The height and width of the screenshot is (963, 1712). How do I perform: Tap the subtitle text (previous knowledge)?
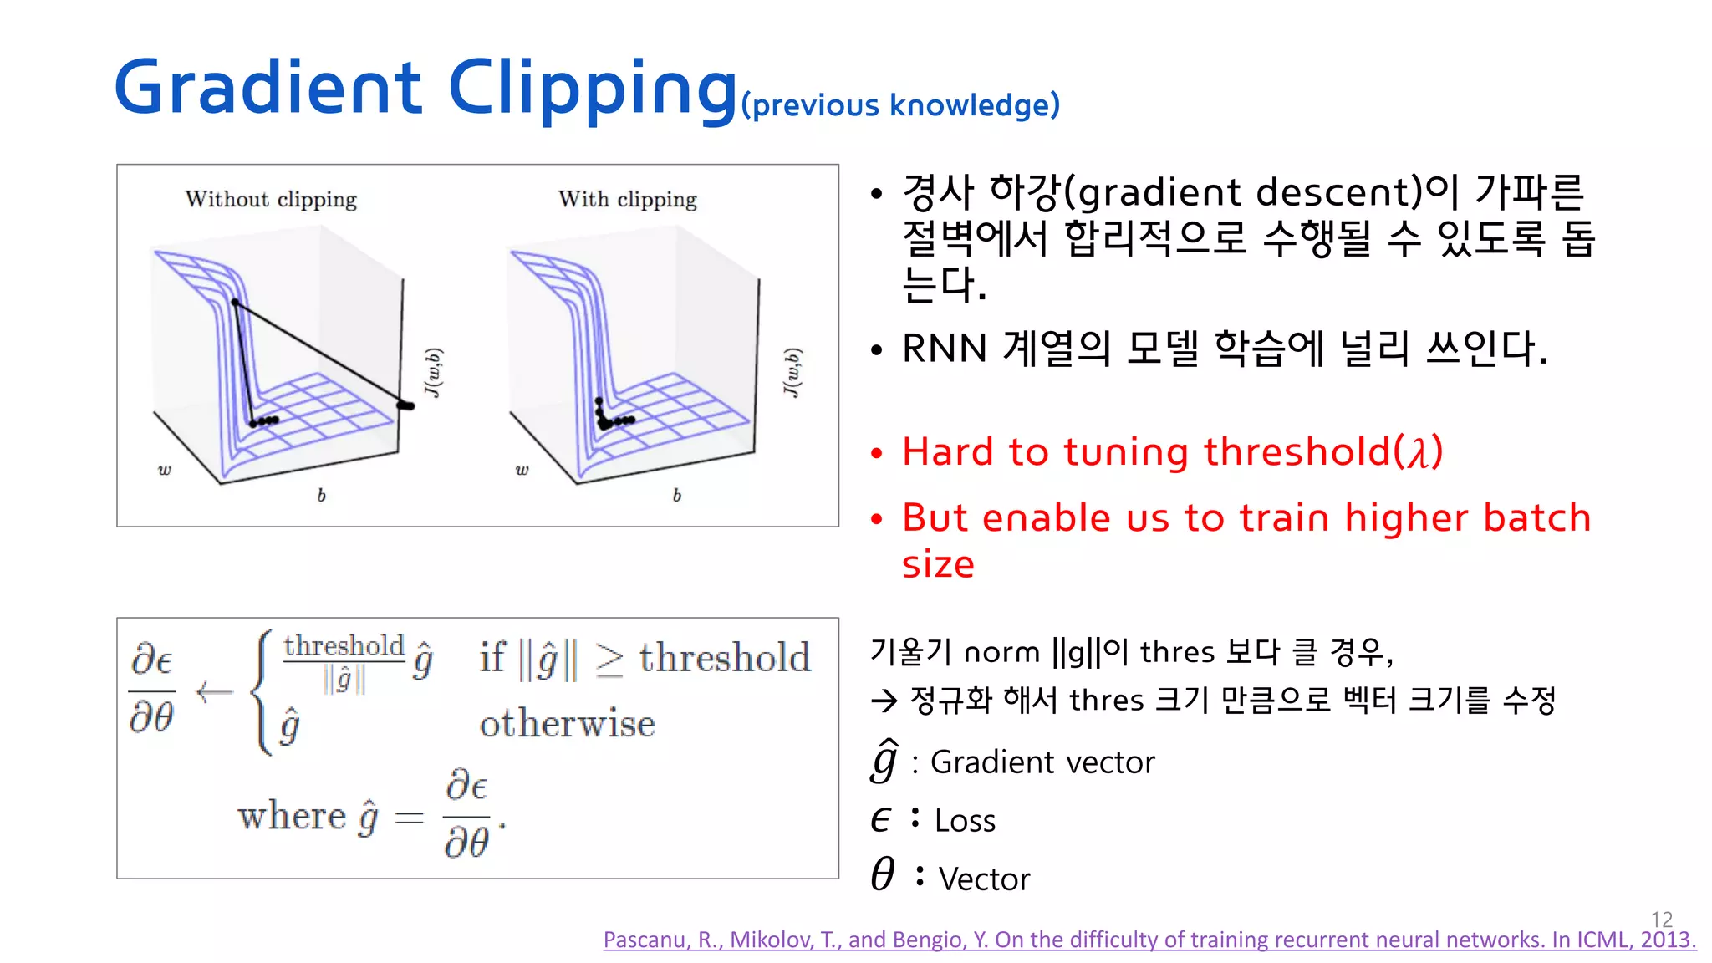pos(900,106)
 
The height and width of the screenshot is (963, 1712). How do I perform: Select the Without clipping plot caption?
pos(271,199)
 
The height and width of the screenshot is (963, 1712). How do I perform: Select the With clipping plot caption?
pos(627,199)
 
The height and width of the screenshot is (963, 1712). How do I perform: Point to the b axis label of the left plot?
pos(321,495)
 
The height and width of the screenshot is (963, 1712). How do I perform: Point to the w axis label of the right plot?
pos(522,470)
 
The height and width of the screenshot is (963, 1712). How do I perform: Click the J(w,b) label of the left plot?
pos(433,372)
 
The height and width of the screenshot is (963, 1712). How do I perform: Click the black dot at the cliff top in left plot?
pos(235,303)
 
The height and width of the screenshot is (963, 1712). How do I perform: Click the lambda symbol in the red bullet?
pos(1418,452)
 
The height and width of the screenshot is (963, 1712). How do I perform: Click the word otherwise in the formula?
pos(567,724)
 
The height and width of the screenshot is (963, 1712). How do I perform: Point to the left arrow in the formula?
pos(214,692)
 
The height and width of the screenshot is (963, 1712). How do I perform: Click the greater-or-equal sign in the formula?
pos(609,660)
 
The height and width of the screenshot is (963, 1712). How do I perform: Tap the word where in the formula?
pos(291,816)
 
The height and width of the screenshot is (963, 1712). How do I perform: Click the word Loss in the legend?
pos(965,821)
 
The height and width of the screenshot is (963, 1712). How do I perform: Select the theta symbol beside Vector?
pos(883,874)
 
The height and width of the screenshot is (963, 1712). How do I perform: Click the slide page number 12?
pos(1662,920)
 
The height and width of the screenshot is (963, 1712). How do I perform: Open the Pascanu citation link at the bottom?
pos(1149,940)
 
